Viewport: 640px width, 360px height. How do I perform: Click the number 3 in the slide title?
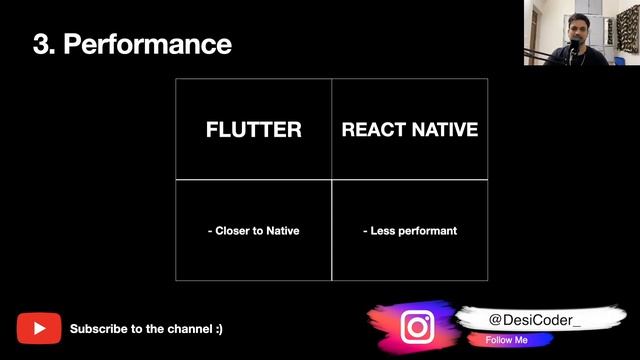pyautogui.click(x=40, y=44)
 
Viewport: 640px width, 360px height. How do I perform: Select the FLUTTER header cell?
pyautogui.click(x=253, y=130)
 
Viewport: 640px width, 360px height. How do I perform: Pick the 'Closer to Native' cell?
pyautogui.click(x=253, y=230)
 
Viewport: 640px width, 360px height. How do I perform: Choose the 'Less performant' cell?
pyautogui.click(x=409, y=230)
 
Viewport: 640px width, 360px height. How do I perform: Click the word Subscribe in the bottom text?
pyautogui.click(x=98, y=328)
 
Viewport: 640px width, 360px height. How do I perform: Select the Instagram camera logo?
pyautogui.click(x=417, y=326)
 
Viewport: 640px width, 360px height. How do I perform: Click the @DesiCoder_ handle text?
pyautogui.click(x=535, y=319)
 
